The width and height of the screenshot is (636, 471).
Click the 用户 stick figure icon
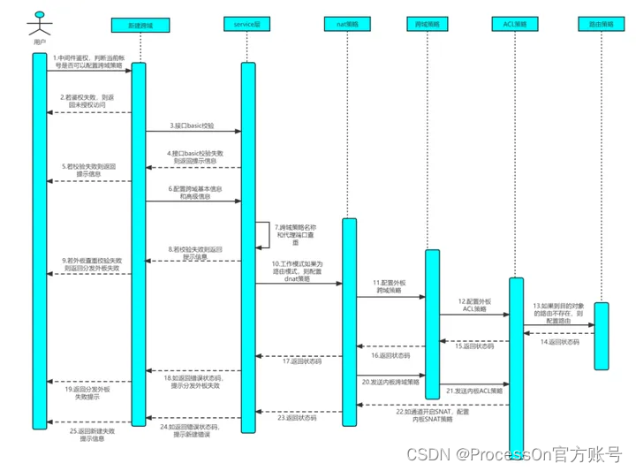39,23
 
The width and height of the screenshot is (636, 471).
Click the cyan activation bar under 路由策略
602,336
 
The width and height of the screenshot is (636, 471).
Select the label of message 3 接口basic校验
193,125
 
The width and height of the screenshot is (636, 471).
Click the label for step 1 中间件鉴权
87,64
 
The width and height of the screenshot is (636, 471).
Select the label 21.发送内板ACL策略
474,390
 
